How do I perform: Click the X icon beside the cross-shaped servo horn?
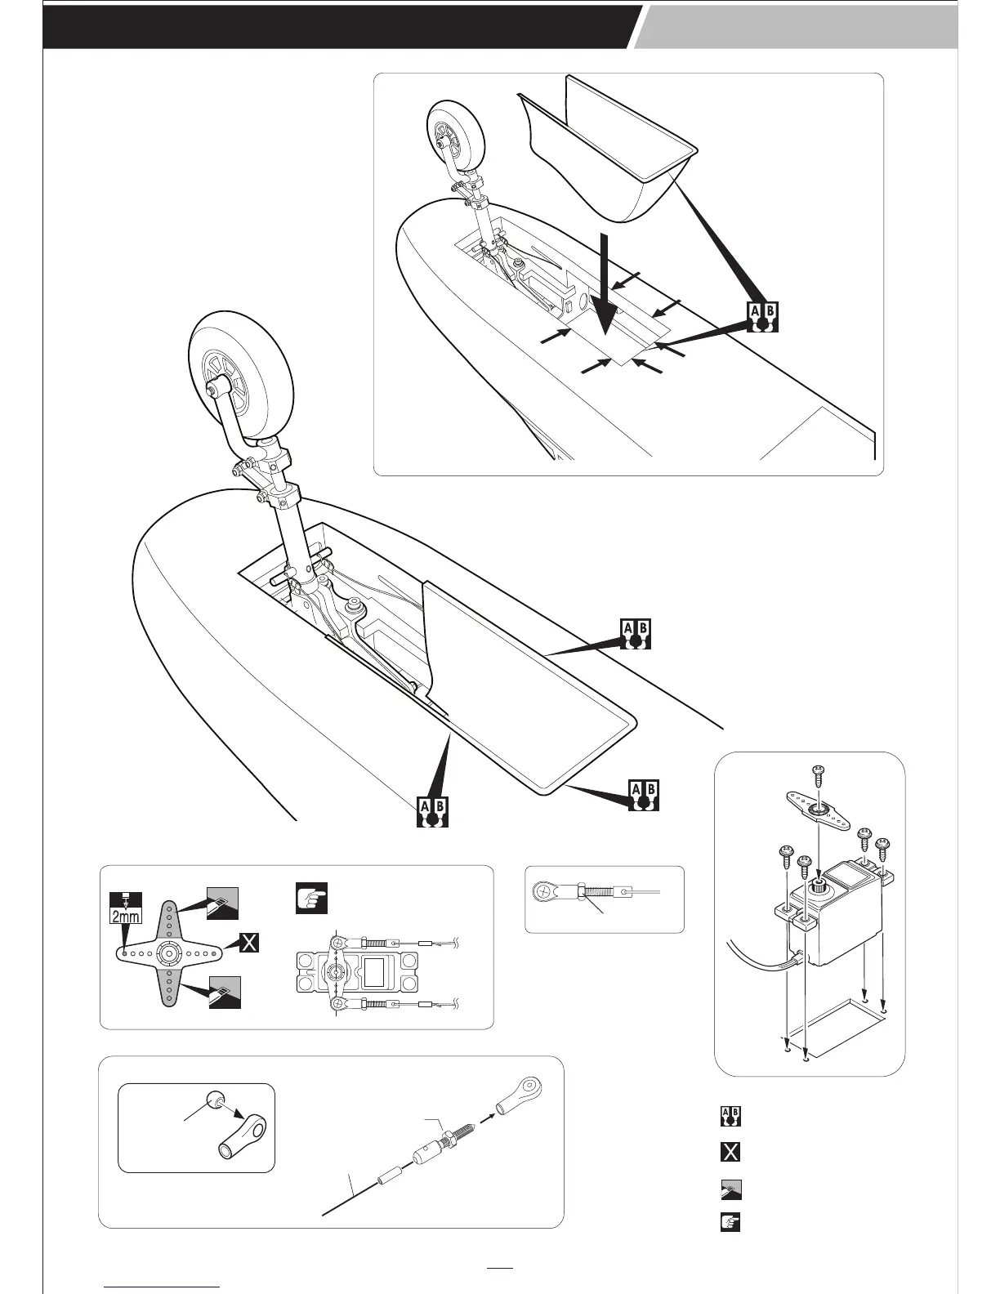click(248, 944)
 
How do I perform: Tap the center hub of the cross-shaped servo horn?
click(170, 953)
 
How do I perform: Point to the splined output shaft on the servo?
click(817, 887)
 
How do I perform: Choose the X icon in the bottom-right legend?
click(730, 1152)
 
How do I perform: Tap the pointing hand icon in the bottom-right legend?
click(730, 1222)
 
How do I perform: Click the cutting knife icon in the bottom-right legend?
click(730, 1189)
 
